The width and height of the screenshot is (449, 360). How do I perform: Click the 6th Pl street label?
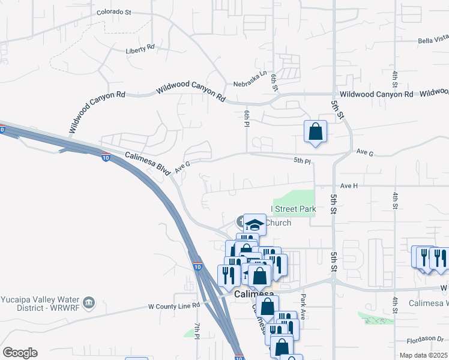tap(246, 118)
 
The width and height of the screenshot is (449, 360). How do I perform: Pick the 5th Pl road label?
tap(303, 161)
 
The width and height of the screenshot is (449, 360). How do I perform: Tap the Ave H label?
tap(349, 186)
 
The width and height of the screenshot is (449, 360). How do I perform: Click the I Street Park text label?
tap(294, 209)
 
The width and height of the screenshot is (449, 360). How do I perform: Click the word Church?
tap(278, 223)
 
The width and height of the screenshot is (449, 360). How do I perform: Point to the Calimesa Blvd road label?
tap(148, 163)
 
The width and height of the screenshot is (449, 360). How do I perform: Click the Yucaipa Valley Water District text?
tap(41, 304)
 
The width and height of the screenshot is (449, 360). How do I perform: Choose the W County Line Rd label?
tap(173, 306)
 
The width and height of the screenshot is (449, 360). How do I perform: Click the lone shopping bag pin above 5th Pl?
tap(315, 131)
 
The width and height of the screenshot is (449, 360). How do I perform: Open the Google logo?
tap(20, 353)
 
